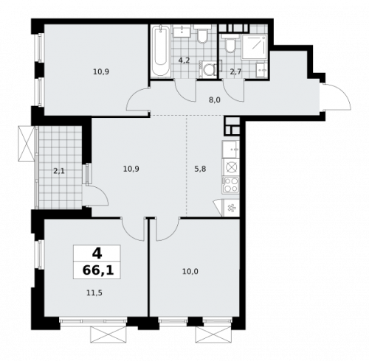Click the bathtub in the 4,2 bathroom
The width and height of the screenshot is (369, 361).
(160, 52)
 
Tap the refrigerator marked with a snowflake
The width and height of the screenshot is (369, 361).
(231, 208)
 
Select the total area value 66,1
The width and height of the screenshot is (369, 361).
(97, 270)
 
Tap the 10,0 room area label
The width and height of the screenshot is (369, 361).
(190, 271)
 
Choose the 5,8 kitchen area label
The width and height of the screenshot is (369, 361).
(200, 169)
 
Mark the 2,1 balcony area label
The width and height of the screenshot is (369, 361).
(59, 170)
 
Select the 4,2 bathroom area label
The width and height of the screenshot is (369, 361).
(184, 61)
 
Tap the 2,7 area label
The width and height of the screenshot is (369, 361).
(235, 71)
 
